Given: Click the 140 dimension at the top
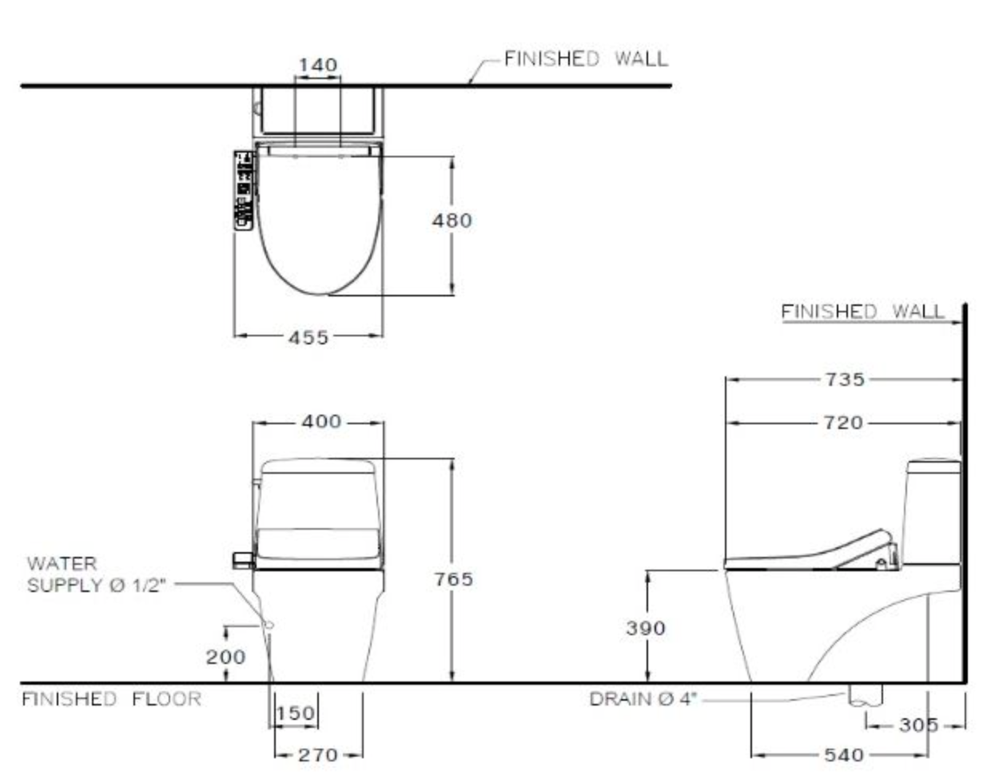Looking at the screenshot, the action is click(317, 65).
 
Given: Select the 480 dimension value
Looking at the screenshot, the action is click(452, 221).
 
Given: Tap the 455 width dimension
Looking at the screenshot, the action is click(308, 338).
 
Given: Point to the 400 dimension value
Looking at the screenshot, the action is click(321, 421).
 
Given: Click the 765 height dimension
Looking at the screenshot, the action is click(454, 579).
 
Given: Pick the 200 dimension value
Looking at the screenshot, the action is click(225, 658).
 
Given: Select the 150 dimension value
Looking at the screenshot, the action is click(296, 713).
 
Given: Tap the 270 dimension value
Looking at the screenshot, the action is click(318, 755).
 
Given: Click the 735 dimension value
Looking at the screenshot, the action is click(845, 380).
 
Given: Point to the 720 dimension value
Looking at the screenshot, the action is click(843, 423).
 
